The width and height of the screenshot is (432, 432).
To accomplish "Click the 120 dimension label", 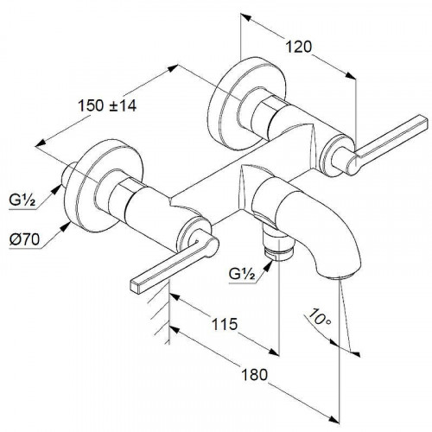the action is [298, 47].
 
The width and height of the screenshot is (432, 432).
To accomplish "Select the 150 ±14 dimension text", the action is [107, 105].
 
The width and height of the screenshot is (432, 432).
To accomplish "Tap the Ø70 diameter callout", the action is [24, 239].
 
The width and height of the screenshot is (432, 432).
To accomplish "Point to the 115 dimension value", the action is [225, 324].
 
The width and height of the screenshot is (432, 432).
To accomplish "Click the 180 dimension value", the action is [254, 375].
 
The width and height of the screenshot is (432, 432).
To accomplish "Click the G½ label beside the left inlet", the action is [22, 200].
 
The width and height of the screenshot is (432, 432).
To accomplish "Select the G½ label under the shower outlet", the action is [242, 274].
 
